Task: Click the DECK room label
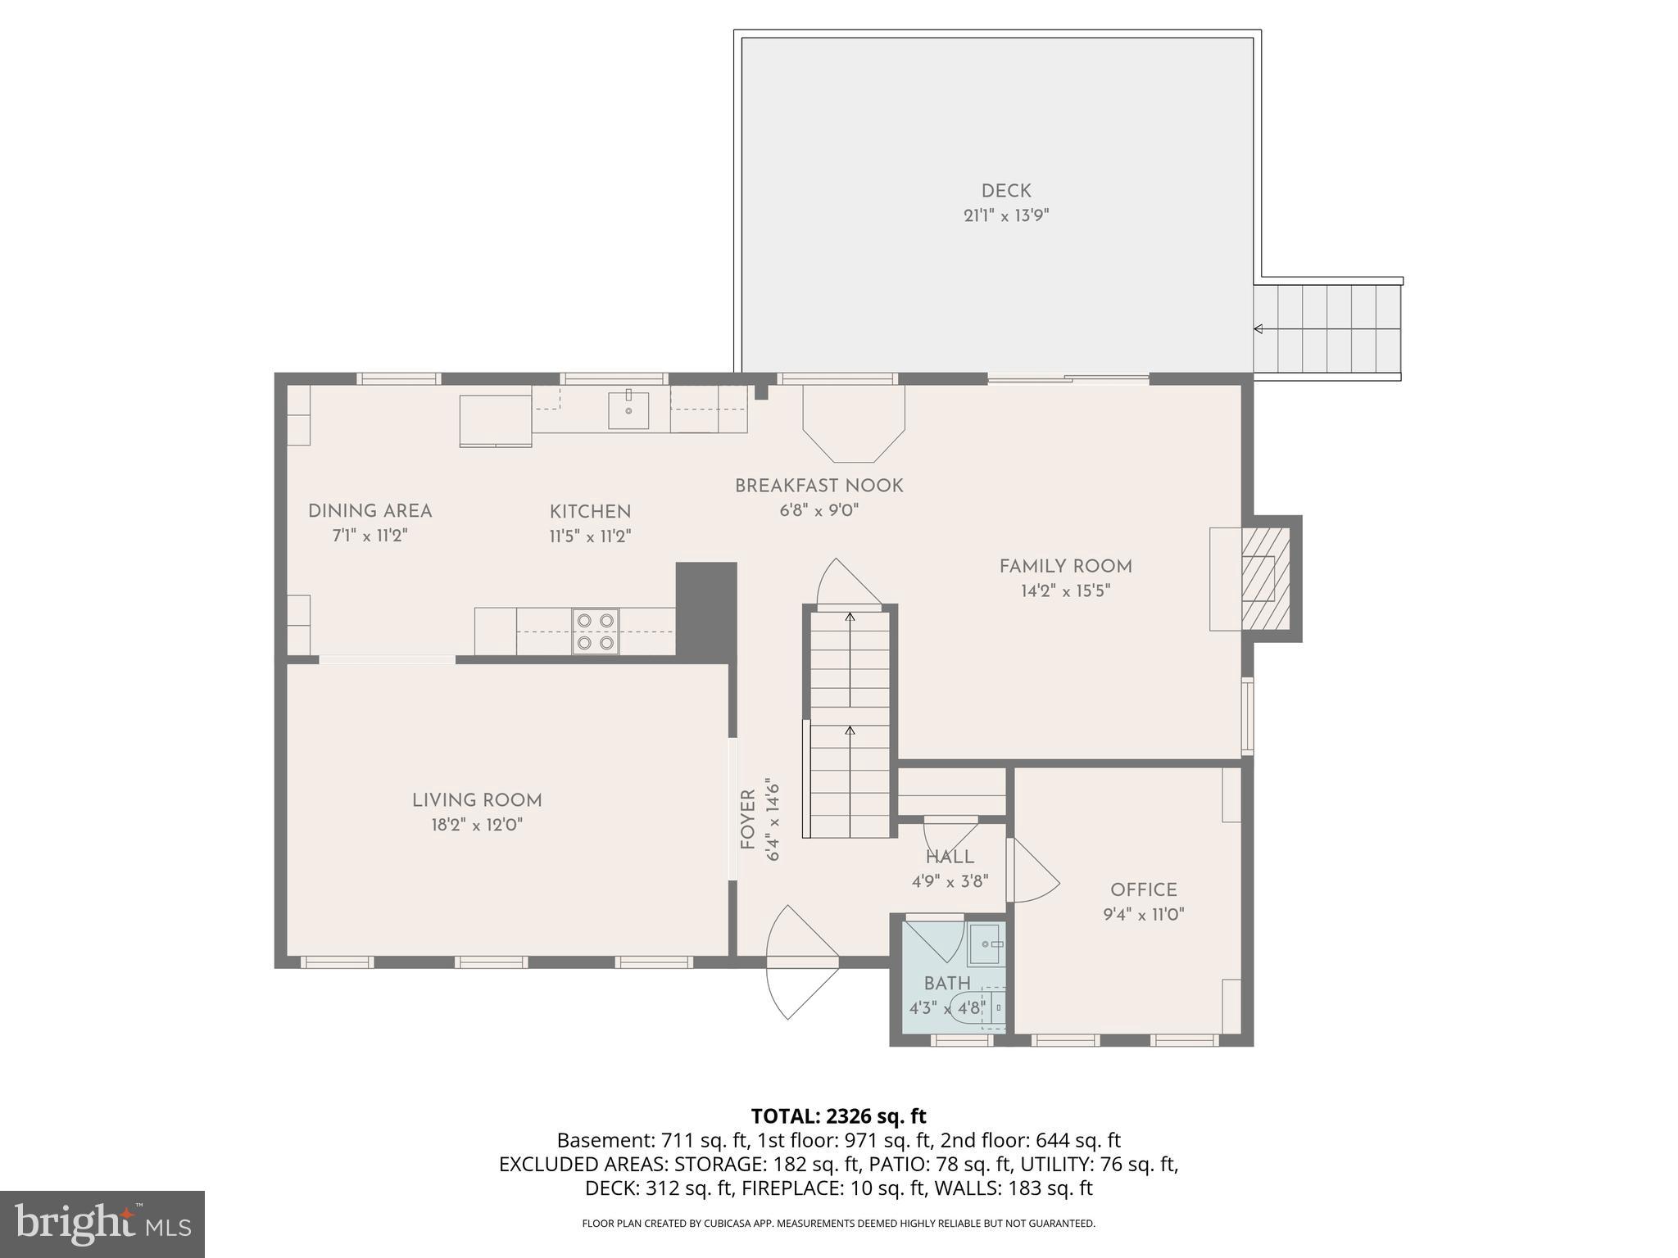[x=1005, y=192]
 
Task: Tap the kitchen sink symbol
[x=628, y=410]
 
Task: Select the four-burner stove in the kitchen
[x=596, y=631]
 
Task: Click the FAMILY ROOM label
[x=1065, y=567]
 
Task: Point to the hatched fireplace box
[x=1266, y=578]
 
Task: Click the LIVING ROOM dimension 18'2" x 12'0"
[x=477, y=825]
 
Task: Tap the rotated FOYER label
[x=747, y=819]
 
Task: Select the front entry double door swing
[x=801, y=962]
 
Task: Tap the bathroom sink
[x=986, y=944]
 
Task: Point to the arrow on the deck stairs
[x=1259, y=329]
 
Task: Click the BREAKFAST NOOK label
[x=819, y=486]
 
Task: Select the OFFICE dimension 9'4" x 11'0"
[x=1143, y=914]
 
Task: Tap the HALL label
[x=950, y=858]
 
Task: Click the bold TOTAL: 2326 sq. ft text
[x=838, y=1115]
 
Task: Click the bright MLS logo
[x=102, y=1224]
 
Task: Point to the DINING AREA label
[x=370, y=511]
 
